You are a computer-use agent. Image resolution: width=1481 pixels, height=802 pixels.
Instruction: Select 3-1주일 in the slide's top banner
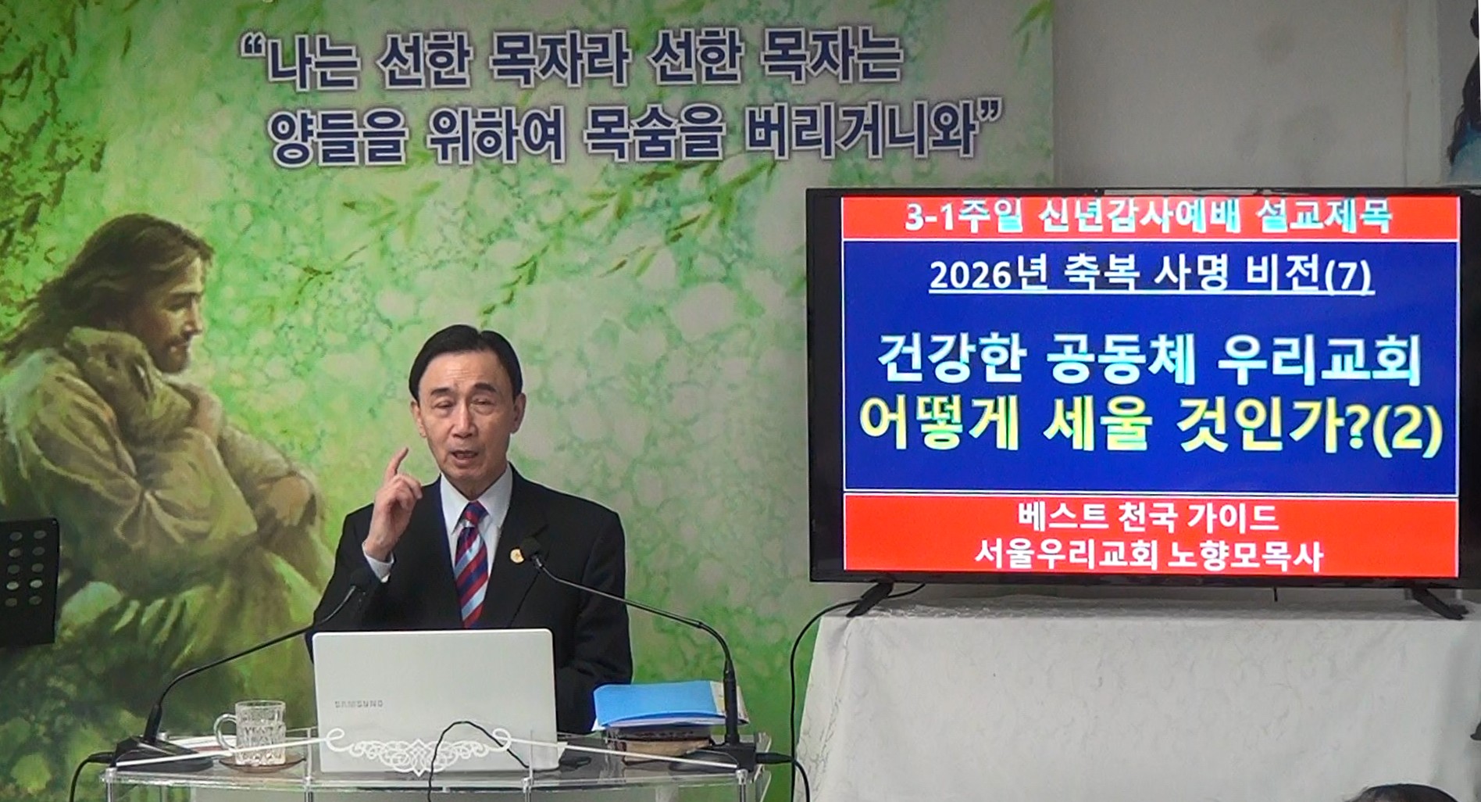pyautogui.click(x=955, y=217)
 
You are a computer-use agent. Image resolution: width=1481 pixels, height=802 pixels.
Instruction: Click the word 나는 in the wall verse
pyautogui.click(x=312, y=63)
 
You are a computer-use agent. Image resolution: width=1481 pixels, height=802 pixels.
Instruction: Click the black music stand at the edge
pyautogui.click(x=28, y=578)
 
